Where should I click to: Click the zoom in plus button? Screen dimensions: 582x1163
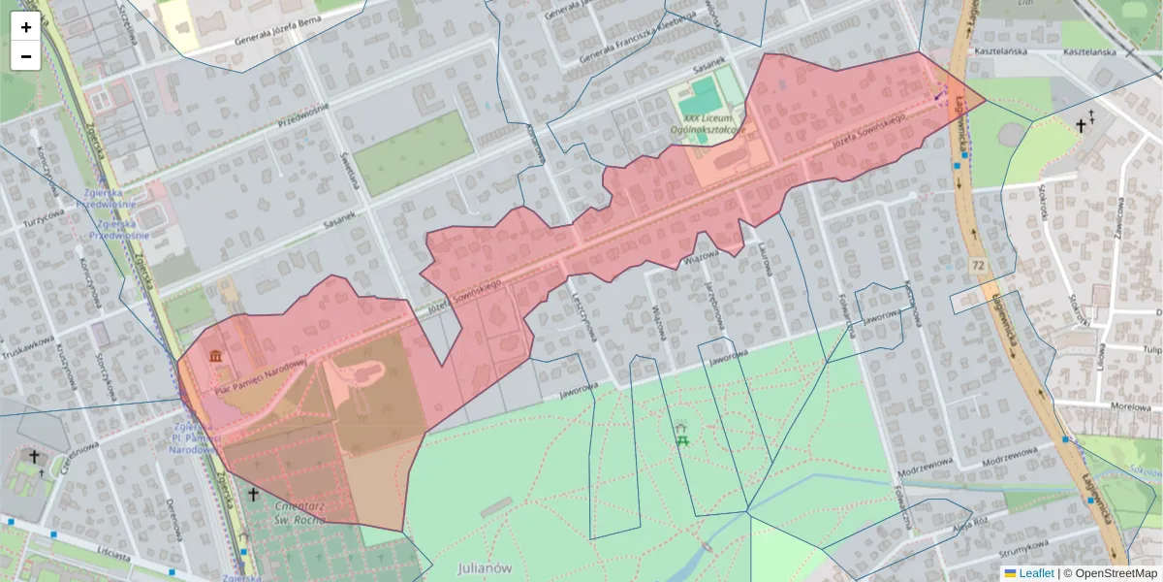point(25,27)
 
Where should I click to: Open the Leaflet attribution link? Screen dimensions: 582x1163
point(1036,573)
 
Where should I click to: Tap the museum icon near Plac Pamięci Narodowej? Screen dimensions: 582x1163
point(215,358)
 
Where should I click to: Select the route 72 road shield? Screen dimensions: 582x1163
point(979,265)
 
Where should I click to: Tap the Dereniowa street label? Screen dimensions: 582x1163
point(174,523)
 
